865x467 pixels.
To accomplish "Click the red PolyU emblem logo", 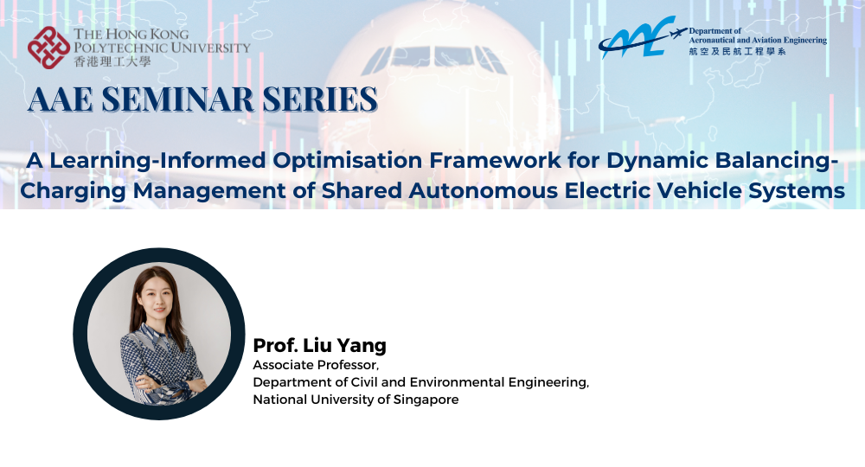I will tap(48, 47).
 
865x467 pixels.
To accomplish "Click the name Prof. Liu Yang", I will tap(319, 346).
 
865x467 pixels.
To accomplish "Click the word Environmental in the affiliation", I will tap(453, 382).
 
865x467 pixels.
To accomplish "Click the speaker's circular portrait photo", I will tap(159, 334).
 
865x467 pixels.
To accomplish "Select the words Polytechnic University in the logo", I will tap(162, 48).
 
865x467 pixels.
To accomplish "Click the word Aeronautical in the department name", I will tap(724, 40).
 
